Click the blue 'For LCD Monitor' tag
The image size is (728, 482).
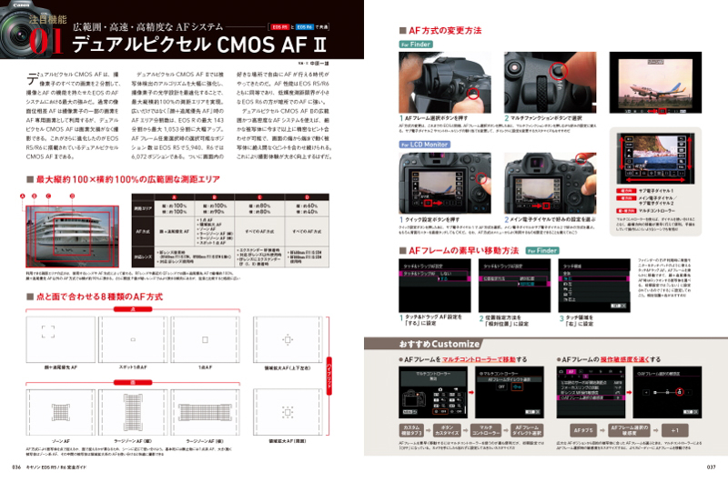424,144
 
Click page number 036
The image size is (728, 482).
16,468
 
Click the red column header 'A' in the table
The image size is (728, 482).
175,197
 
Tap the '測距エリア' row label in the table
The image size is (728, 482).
145,209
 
